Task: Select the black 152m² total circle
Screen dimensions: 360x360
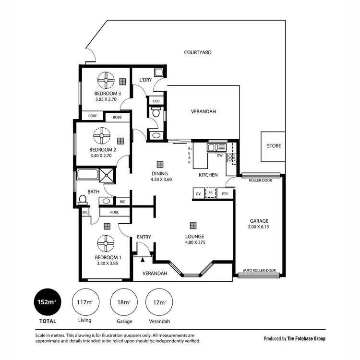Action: (x=47, y=302)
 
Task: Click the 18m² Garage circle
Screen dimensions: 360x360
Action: (x=124, y=302)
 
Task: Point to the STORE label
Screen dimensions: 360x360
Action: (x=274, y=146)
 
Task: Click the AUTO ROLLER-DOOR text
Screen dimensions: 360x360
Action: (x=259, y=270)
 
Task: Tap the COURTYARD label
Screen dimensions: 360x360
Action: (x=198, y=52)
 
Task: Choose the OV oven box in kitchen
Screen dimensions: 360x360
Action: (x=198, y=194)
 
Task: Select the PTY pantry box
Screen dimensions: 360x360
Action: (x=225, y=194)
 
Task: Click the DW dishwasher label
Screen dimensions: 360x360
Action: (x=219, y=156)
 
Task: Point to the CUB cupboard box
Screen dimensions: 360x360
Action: (x=156, y=101)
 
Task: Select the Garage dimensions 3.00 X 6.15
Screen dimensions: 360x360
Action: (x=258, y=227)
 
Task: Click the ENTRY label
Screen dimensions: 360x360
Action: (x=144, y=237)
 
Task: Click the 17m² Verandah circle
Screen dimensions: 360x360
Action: (x=159, y=302)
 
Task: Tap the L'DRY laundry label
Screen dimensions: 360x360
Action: (x=145, y=80)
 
